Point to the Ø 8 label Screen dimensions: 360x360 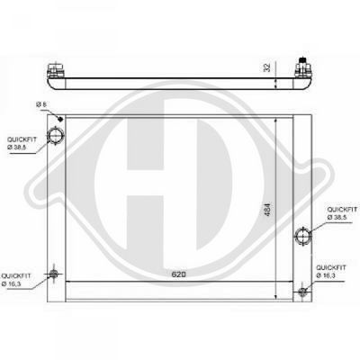click(40, 105)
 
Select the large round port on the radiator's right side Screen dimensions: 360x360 click(302, 237)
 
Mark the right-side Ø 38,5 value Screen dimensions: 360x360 click(339, 217)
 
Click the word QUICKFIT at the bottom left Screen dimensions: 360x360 click(16, 275)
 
